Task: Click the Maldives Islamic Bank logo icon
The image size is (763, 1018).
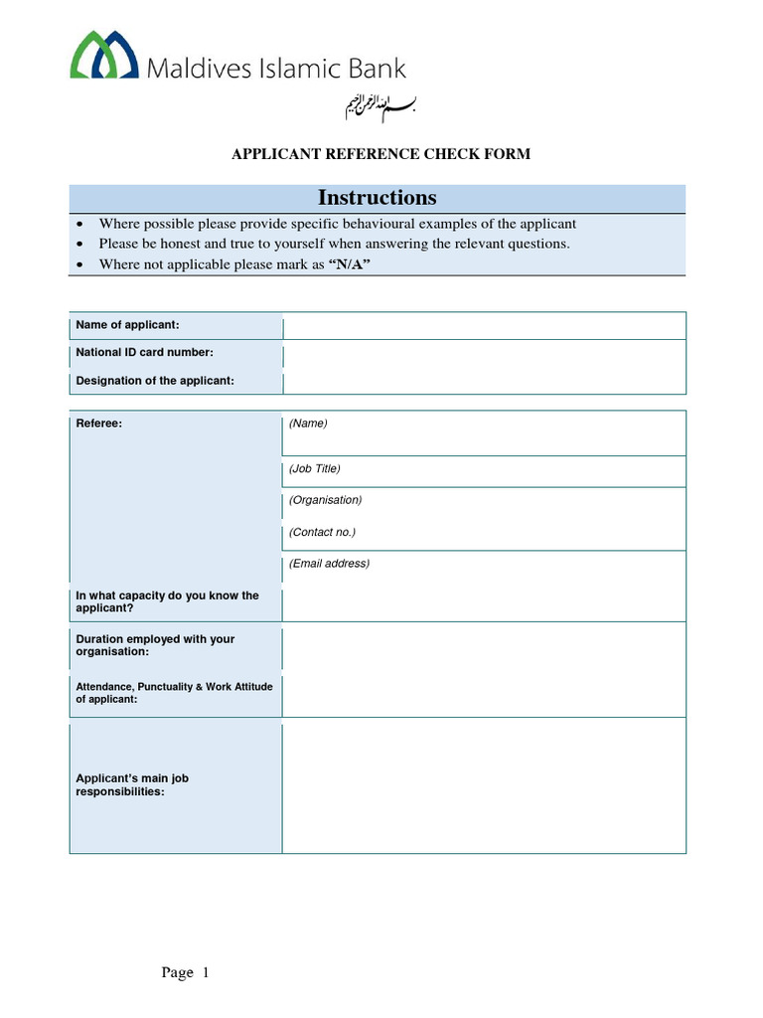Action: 103,55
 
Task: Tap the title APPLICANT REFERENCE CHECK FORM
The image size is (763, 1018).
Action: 381,154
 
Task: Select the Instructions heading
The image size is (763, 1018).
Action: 377,197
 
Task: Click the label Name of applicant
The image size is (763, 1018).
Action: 127,325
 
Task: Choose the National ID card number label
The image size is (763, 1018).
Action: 144,352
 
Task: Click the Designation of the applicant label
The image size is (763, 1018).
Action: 155,381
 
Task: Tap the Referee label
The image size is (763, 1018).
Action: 99,424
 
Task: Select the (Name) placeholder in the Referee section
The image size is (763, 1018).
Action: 308,424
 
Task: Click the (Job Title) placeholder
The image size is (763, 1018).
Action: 315,468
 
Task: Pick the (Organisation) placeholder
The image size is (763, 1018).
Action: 325,500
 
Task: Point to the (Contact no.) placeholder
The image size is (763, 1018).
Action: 322,532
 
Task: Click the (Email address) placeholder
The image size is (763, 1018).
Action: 329,564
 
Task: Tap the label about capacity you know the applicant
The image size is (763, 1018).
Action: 167,601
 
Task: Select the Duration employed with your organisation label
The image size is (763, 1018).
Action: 155,645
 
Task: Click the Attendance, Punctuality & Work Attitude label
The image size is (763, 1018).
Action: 174,692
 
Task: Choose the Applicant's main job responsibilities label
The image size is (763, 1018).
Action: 132,785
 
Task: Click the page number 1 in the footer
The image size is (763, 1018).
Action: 206,973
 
